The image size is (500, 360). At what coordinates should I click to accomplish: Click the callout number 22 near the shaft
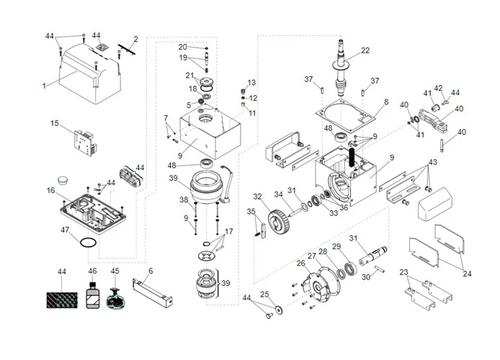coord(365,50)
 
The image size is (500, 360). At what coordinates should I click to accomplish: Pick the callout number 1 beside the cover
coord(43,85)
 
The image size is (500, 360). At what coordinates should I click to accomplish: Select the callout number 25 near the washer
coord(264,294)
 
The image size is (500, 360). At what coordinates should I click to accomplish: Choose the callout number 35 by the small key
coord(251,212)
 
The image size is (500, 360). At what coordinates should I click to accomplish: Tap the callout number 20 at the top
coord(182,47)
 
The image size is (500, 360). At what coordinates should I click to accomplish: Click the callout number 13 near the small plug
coord(252,83)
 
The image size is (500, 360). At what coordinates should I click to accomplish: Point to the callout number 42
coord(438,88)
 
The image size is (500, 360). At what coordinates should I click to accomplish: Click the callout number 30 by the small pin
coord(366,276)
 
